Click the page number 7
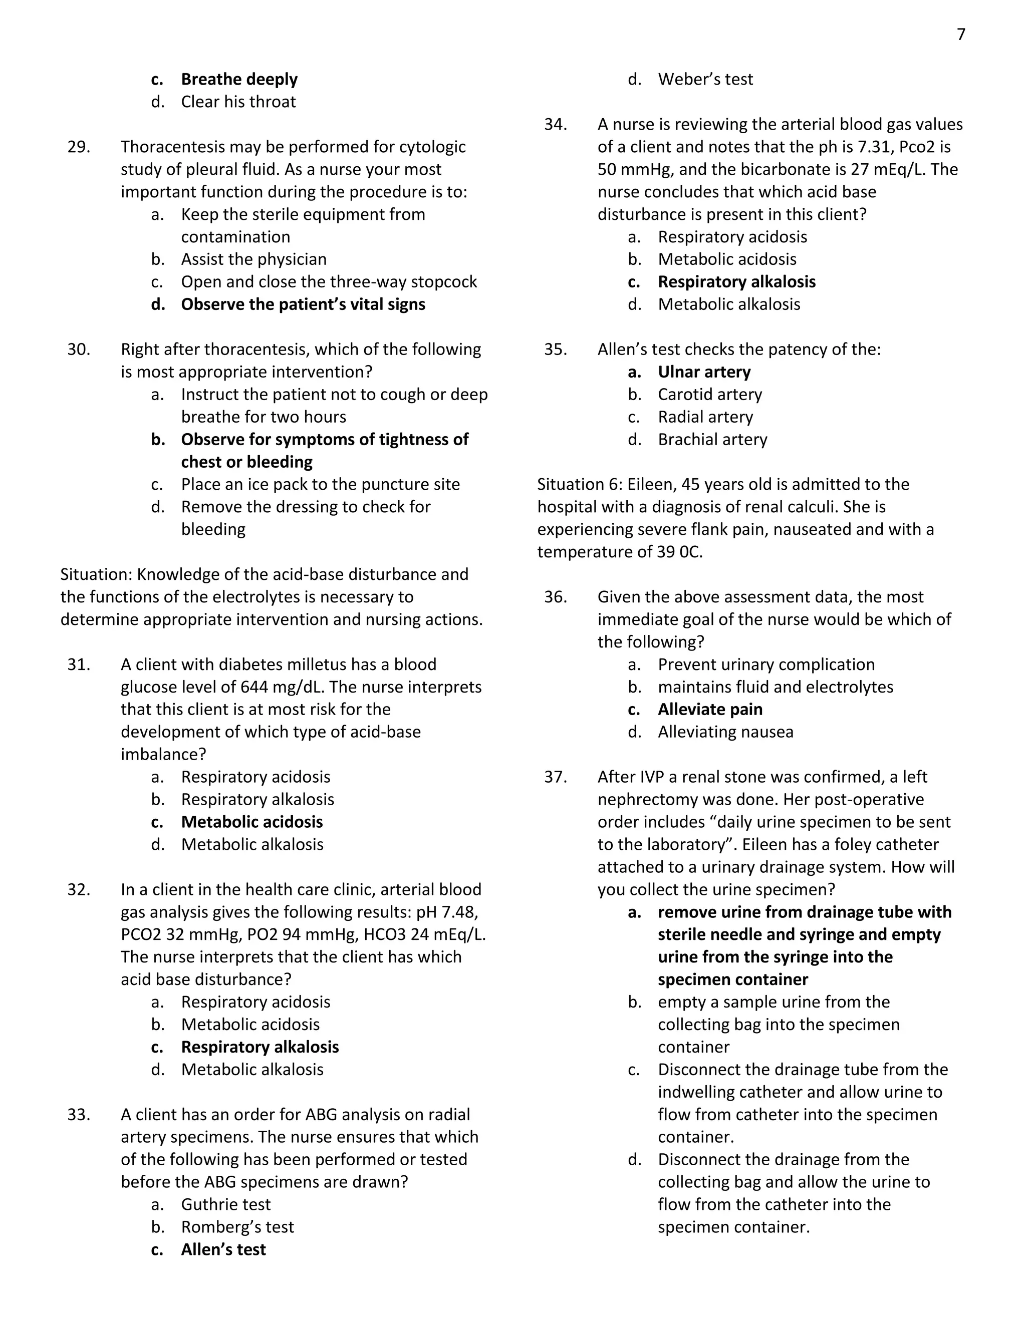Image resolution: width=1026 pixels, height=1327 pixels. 960,35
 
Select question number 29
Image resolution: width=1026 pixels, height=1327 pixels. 79,147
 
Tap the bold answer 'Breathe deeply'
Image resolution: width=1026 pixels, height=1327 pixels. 239,80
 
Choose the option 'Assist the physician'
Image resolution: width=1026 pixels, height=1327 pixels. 253,259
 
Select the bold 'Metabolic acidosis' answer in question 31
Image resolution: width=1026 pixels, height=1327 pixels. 251,822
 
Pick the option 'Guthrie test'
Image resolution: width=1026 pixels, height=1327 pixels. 225,1204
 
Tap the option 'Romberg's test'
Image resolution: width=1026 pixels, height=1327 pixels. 237,1227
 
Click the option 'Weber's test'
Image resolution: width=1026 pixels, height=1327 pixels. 705,80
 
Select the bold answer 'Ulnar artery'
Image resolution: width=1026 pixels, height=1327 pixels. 704,372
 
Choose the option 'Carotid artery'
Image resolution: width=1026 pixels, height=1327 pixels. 709,394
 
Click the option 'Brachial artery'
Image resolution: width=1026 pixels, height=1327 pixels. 712,439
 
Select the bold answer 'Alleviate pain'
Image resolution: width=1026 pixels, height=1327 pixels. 710,710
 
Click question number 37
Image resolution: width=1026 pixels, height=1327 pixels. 555,777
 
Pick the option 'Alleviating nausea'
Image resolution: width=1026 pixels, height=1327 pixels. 725,732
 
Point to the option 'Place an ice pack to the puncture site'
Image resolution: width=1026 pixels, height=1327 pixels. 320,484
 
